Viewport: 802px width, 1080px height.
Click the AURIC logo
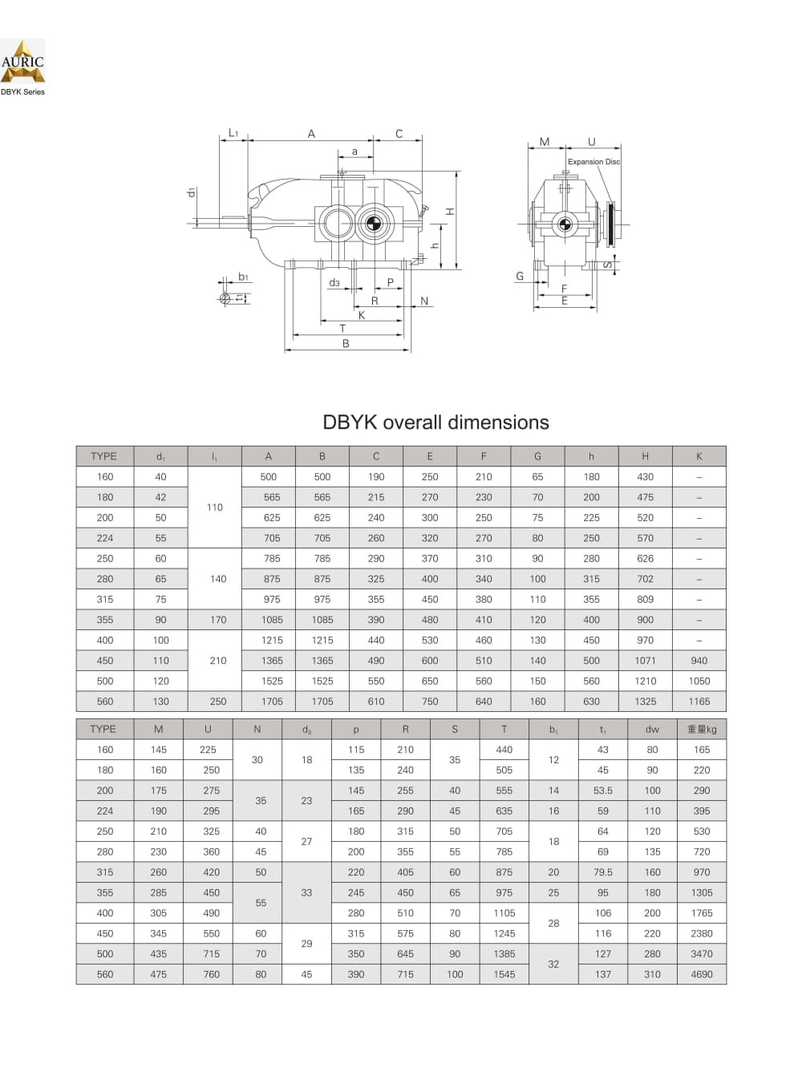pos(22,61)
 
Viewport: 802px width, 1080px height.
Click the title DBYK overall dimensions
pos(435,423)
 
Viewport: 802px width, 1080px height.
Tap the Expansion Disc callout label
pos(593,162)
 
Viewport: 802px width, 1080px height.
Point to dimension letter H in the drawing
pos(451,212)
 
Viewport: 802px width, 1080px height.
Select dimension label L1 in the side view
pos(233,132)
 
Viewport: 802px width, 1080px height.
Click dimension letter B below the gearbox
pos(346,344)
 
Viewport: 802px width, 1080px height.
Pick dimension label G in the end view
pos(520,276)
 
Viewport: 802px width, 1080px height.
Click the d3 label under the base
pos(334,283)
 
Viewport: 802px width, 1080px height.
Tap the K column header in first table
pos(699,456)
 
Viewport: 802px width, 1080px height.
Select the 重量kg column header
pos(702,729)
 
